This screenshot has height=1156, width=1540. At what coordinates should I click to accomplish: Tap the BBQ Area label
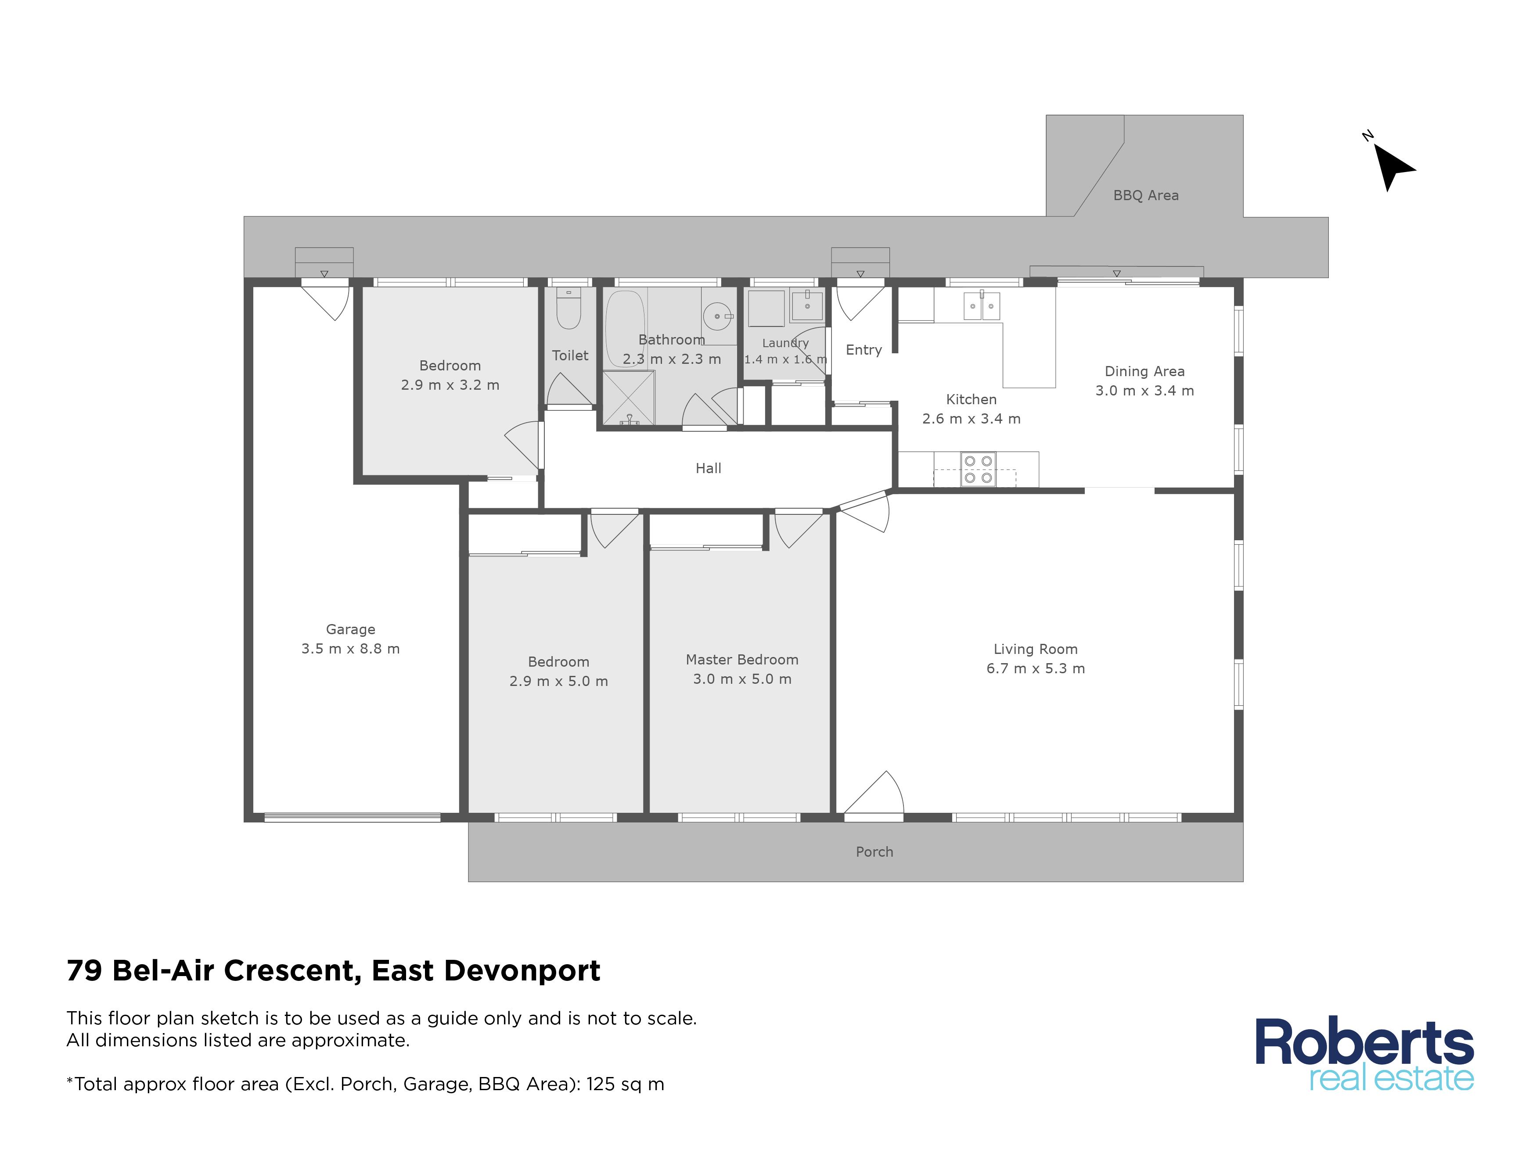(x=1145, y=196)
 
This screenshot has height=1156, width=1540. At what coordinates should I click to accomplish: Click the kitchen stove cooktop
(x=978, y=469)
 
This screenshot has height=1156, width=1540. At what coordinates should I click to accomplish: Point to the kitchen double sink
(x=981, y=305)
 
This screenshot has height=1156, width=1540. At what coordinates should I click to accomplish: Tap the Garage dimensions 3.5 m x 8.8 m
(x=350, y=649)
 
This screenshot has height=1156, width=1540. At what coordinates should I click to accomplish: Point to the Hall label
(x=708, y=468)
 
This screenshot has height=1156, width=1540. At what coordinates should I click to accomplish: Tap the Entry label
(x=864, y=350)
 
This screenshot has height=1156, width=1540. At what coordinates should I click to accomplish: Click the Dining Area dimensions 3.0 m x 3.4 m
(x=1144, y=391)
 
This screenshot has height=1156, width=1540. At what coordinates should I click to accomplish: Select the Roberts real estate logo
(x=1364, y=1054)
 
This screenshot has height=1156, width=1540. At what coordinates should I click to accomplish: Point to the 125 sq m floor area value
(x=625, y=1084)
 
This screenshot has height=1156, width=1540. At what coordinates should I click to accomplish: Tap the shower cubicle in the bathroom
(x=628, y=398)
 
